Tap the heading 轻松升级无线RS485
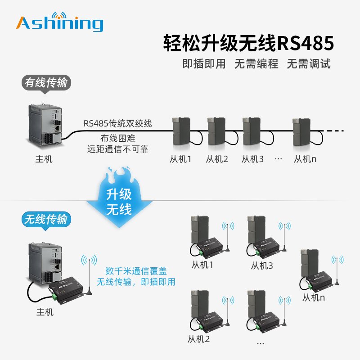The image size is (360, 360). (x=248, y=44)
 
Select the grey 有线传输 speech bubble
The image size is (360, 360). (x=47, y=83)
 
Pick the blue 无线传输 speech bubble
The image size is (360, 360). (x=46, y=219)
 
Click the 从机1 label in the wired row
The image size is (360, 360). (x=180, y=159)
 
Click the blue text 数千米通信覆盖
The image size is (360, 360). (x=136, y=271)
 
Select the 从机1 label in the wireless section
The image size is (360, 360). (x=202, y=265)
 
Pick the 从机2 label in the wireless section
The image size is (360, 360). (x=199, y=339)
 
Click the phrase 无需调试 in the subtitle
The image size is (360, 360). (x=309, y=64)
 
